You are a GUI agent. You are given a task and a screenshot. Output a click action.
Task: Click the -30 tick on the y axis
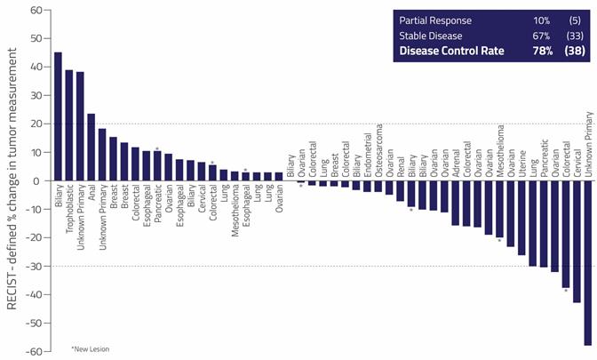click(x=34, y=266)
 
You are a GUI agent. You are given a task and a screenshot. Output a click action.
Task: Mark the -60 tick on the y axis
click(x=34, y=351)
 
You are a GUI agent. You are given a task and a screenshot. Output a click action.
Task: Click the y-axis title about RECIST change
click(x=12, y=187)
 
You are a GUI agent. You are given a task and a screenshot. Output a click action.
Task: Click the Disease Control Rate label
click(x=451, y=51)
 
